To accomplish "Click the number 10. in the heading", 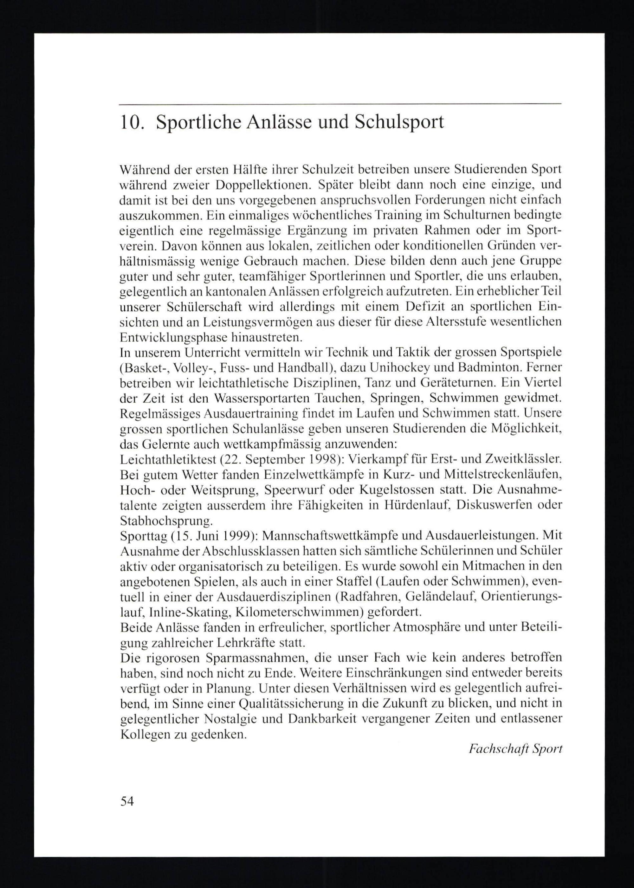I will pos(132,123).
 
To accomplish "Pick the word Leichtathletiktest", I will pos(168,459).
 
